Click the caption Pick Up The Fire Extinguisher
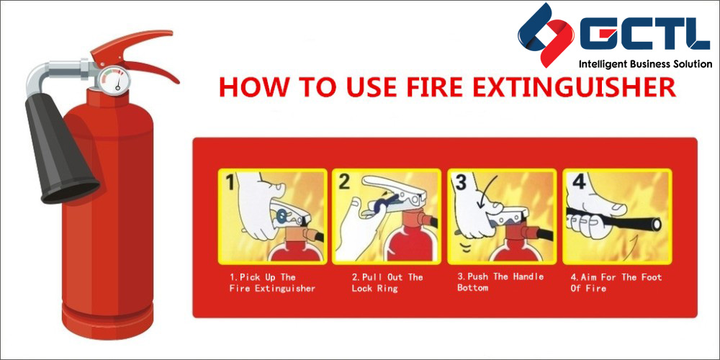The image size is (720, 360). coord(271,282)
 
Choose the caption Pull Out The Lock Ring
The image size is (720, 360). coord(387,282)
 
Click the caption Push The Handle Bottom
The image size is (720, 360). coord(500,282)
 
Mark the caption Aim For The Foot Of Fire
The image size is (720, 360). coord(616,282)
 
